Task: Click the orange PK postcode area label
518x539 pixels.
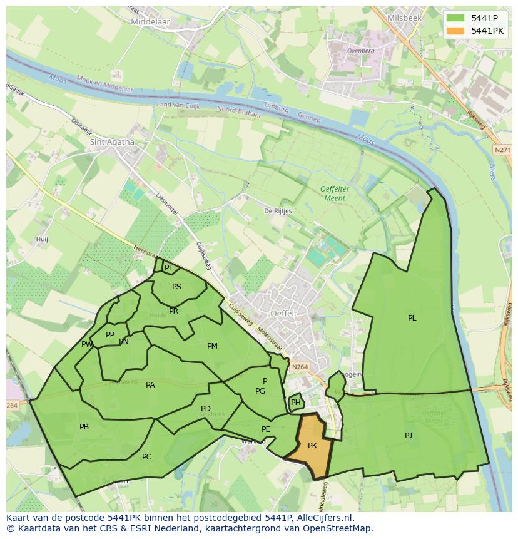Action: [x=312, y=446]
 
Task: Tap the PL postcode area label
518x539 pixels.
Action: [x=412, y=318]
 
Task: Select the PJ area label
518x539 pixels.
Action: [x=409, y=435]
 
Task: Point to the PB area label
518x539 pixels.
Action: [x=84, y=427]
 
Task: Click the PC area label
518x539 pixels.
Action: [x=146, y=457]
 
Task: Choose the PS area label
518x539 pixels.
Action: [x=176, y=287]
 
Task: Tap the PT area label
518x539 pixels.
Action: [x=168, y=268]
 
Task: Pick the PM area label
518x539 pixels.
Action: [x=212, y=346]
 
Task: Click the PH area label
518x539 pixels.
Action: [x=296, y=403]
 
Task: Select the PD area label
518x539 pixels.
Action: [x=206, y=409]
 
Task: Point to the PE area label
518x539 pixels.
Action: [x=266, y=429]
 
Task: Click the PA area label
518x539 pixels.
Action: [x=150, y=385]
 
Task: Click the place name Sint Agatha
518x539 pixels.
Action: [x=113, y=142]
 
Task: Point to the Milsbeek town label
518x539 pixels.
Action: [x=404, y=18]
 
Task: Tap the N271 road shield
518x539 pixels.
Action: [x=502, y=150]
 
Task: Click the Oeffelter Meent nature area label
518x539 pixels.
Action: [x=333, y=193]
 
